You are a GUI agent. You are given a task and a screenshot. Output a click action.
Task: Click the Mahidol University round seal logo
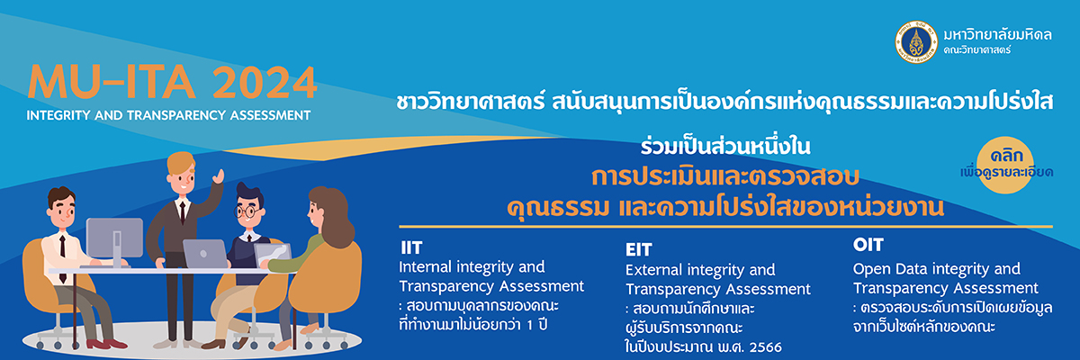tap(916, 42)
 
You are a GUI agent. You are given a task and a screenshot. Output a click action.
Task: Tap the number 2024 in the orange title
tap(265, 83)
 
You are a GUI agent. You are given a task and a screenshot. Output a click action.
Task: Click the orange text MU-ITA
tap(112, 82)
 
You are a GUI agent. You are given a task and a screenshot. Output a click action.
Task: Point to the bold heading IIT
tap(411, 247)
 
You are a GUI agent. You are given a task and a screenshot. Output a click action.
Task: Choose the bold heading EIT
tap(638, 249)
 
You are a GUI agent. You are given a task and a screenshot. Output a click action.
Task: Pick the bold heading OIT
tap(868, 245)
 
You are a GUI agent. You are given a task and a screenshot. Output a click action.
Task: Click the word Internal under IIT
tap(425, 266)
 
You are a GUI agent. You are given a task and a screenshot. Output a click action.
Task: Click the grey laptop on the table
tap(204, 254)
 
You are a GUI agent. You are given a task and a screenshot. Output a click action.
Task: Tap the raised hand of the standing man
tap(219, 175)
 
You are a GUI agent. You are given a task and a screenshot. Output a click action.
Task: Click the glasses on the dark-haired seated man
tap(247, 211)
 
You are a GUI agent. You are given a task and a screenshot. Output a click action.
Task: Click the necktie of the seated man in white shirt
tap(63, 258)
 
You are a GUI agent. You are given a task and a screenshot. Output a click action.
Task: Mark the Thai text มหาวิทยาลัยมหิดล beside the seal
tap(997, 34)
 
